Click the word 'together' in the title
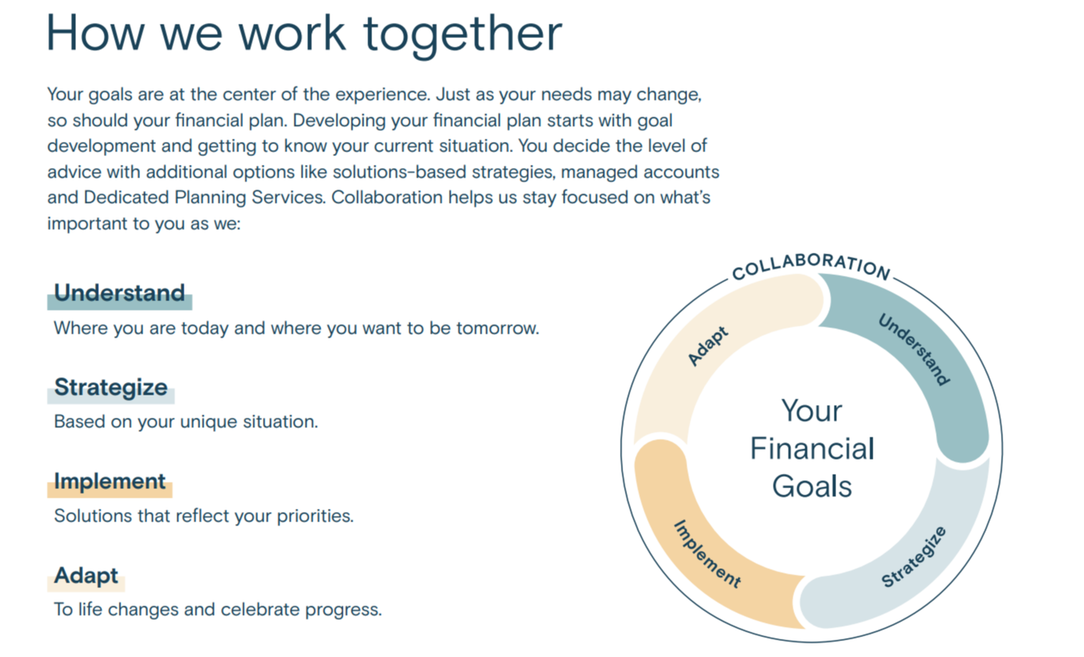point(462,35)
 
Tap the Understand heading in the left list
point(120,292)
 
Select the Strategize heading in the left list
point(111,387)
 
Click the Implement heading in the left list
point(110,482)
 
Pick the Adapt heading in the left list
point(86,575)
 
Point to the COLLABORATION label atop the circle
point(811,266)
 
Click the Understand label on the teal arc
point(914,350)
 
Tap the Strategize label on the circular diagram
point(914,556)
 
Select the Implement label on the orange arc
point(708,554)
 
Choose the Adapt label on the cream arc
point(708,346)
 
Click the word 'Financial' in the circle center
point(812,449)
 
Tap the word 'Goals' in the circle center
point(812,487)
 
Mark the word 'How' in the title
point(95,34)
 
